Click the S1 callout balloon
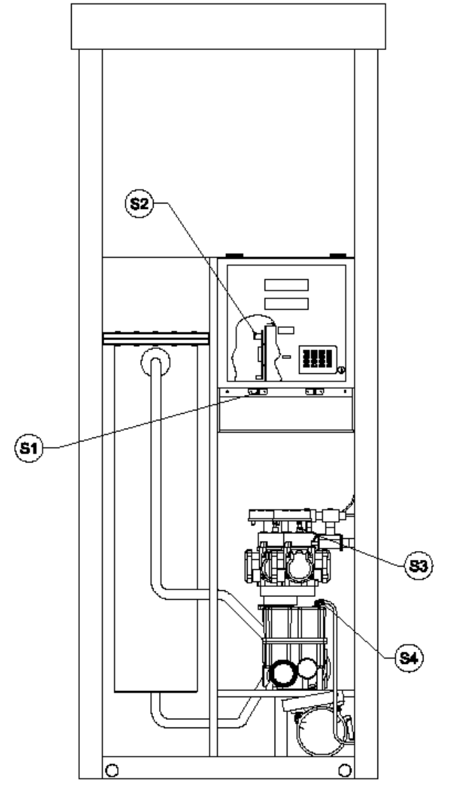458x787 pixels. (x=28, y=448)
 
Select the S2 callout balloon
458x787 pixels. (x=139, y=204)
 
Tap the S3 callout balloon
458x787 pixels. (x=418, y=566)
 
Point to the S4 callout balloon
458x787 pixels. (x=409, y=657)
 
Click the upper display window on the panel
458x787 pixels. (x=286, y=285)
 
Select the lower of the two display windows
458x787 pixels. (x=286, y=304)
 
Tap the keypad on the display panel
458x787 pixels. (x=318, y=360)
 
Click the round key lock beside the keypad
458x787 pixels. (x=341, y=371)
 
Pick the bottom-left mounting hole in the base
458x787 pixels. (x=112, y=769)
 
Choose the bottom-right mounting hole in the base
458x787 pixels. (x=344, y=769)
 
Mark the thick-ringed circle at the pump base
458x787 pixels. (x=283, y=673)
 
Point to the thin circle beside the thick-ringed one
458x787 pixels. (x=307, y=668)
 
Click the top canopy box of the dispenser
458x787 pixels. (x=229, y=26)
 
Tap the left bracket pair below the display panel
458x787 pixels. (x=256, y=391)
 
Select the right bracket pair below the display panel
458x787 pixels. (x=315, y=391)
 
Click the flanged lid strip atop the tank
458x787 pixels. (x=156, y=339)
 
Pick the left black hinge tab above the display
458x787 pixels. (x=234, y=256)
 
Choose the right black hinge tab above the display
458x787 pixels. (x=338, y=256)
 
